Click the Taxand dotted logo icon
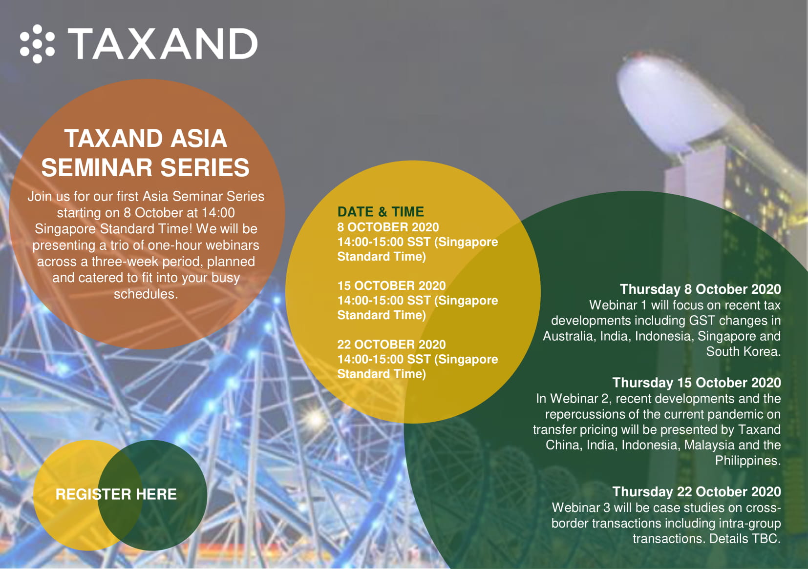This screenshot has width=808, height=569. click(37, 43)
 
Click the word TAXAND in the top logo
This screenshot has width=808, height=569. click(163, 43)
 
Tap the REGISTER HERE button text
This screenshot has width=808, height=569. click(116, 494)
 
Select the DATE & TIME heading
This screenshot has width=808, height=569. click(381, 211)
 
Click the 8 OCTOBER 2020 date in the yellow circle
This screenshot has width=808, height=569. click(388, 227)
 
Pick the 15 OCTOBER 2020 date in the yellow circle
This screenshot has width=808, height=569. click(391, 286)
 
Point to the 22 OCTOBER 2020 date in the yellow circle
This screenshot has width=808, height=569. click(391, 345)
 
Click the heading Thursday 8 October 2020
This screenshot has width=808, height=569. click(700, 289)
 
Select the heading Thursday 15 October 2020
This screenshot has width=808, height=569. click(697, 382)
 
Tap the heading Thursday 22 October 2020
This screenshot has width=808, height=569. click(697, 491)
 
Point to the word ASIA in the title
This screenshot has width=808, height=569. click(199, 139)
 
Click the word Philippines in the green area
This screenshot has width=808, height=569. click(748, 461)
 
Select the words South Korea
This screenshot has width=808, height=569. click(743, 351)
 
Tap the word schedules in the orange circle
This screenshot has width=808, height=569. click(146, 294)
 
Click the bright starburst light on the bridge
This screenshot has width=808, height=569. click(315, 419)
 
